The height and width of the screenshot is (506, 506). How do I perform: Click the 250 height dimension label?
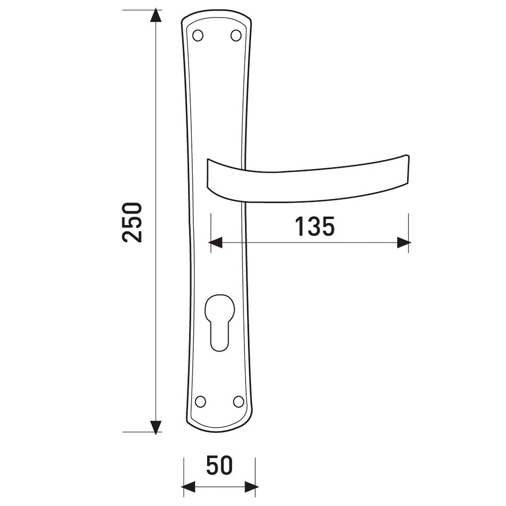132,222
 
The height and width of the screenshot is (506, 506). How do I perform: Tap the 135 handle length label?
315,226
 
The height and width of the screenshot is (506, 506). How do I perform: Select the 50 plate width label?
219,466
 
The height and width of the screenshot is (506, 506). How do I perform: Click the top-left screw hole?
198,36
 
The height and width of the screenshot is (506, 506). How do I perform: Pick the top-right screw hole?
236,36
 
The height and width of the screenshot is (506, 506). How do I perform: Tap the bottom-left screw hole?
200,402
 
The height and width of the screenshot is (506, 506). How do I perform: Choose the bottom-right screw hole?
239,402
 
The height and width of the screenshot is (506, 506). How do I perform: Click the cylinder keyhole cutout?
219,323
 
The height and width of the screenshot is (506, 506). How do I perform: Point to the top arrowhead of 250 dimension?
156,15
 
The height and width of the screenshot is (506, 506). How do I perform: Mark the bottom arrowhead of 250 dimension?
156,428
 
